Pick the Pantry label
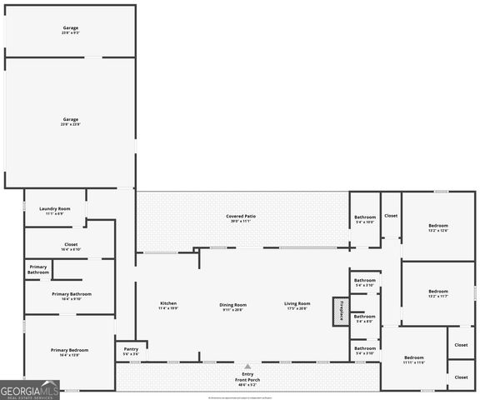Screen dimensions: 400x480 (x=131, y=351)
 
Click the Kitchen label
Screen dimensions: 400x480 (x=168, y=305)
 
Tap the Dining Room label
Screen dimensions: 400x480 (x=233, y=305)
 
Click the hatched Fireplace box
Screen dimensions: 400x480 (x=338, y=311)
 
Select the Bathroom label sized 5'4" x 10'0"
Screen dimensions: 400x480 (x=365, y=220)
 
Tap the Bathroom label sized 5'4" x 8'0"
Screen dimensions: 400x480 (x=365, y=318)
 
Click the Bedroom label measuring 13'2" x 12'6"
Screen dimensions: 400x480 (x=438, y=227)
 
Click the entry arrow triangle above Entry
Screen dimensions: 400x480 (x=247, y=366)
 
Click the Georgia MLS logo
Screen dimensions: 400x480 (x=30, y=389)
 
